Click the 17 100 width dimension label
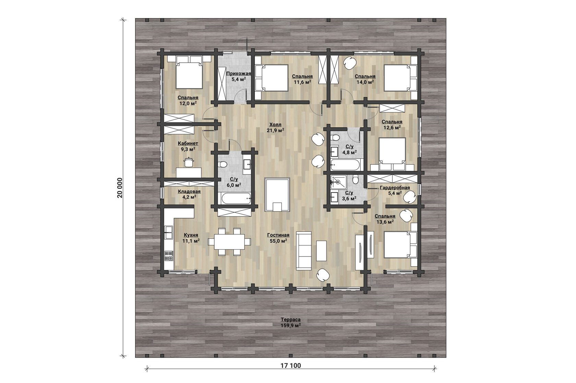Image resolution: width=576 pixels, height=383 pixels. tap(291, 366)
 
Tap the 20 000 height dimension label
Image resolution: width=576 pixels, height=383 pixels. tap(120, 188)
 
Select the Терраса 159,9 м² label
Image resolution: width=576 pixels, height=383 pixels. tap(291, 322)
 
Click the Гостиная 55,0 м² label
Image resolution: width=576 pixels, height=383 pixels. tap(278, 238)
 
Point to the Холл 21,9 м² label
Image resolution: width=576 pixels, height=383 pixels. tap(275, 127)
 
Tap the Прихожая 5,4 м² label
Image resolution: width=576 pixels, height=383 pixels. tap(238, 76)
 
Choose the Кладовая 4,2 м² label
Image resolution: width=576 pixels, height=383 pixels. tap(189, 194)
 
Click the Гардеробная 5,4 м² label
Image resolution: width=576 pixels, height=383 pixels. tap(395, 190)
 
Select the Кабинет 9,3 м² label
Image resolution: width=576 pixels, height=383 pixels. tap(188, 146)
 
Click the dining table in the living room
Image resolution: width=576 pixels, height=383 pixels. tap(229, 241)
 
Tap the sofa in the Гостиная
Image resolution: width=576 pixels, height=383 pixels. tap(304, 251)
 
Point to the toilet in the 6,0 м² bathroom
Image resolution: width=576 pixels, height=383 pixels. tap(222, 164)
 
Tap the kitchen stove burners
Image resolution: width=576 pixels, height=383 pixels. tap(169, 255)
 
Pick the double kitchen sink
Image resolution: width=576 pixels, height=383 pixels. tap(169, 232)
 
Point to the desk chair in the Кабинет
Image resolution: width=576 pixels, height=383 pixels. tap(189, 162)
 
